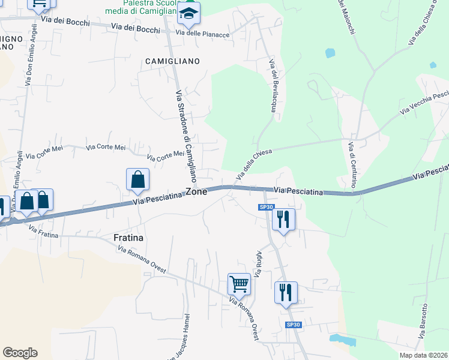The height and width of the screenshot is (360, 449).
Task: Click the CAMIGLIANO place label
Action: coord(172,61)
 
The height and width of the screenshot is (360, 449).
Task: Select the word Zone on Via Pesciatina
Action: coord(196,192)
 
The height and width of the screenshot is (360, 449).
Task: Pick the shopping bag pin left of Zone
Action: coord(137,179)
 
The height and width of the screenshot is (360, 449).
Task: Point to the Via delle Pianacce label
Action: coord(203,34)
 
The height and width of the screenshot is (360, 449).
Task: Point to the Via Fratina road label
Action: coord(43,232)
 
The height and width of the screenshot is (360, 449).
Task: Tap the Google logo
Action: coord(20,353)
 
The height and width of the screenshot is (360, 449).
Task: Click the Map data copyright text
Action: coord(423,355)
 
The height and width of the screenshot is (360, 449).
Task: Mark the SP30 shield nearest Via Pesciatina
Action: coord(267,207)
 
